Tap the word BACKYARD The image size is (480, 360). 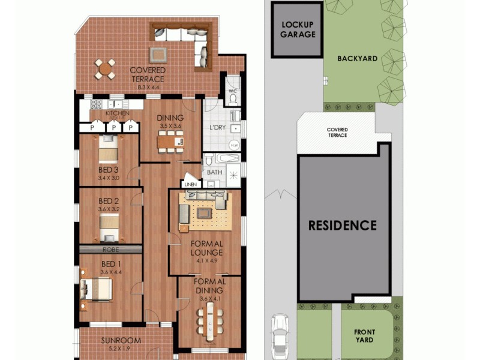pos(357,59)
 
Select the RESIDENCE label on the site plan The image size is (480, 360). pos(343,226)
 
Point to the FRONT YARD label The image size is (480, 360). pos(364,335)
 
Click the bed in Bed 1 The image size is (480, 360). pos(98,289)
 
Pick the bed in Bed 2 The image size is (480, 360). pos(109,227)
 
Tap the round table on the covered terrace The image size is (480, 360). pos(106,70)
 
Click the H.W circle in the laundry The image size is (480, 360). pos(235,146)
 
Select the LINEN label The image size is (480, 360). pos(191,184)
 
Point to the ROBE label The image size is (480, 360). pos(110,249)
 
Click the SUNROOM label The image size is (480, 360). pos(121,340)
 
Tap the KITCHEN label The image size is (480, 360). pos(117,113)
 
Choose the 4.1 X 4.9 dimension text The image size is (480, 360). pos(206,261)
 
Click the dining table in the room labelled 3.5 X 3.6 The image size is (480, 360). pos(170,142)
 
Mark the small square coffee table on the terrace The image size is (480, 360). pos(159,54)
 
